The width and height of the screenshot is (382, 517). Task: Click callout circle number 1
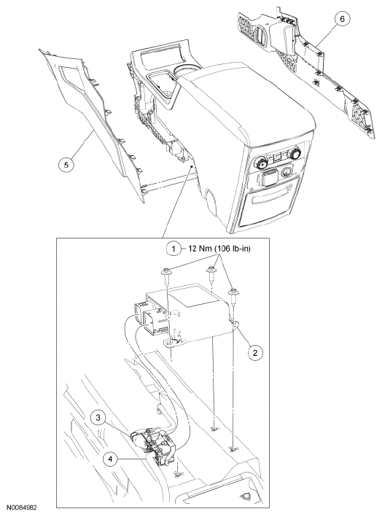coord(174,249)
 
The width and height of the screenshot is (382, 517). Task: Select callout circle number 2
coord(255,352)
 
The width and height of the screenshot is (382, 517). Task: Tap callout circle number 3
coord(98,418)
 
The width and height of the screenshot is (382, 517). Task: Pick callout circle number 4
coord(110,459)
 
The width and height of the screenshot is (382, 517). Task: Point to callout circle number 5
coord(66,165)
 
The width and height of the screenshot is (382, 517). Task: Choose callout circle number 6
coord(342,19)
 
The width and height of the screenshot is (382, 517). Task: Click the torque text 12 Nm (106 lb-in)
coord(219,249)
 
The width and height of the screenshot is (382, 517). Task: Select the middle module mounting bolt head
coord(211,270)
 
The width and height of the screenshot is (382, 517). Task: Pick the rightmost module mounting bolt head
coord(234,292)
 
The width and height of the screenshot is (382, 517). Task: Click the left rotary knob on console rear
coord(260,162)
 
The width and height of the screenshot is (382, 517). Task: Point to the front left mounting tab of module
coord(170,344)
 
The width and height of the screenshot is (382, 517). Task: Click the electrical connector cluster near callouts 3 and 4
coord(153,441)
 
